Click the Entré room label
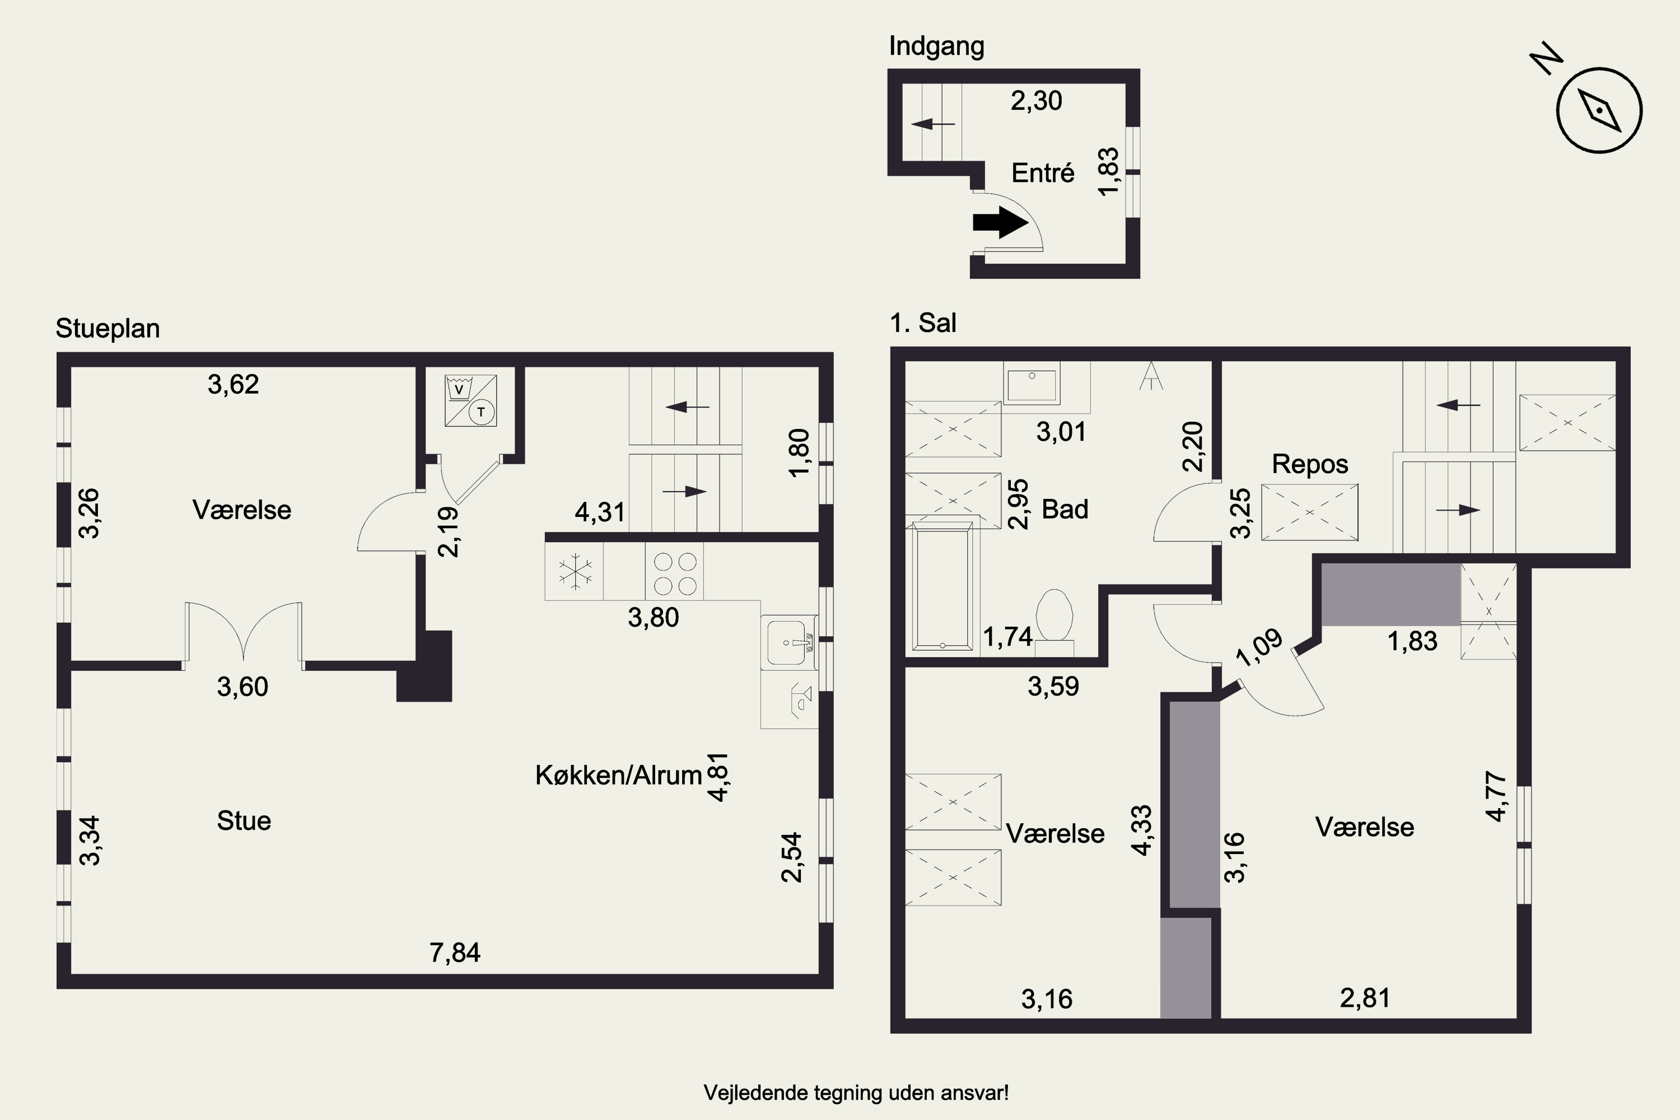pyautogui.click(x=1043, y=173)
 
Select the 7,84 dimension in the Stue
pyautogui.click(x=455, y=952)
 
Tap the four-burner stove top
pyautogui.click(x=675, y=573)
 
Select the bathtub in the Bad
pyautogui.click(x=943, y=586)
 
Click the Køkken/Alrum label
pyautogui.click(x=619, y=775)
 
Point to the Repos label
pyautogui.click(x=1310, y=464)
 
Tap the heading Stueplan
pyautogui.click(x=108, y=329)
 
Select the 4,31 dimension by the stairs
pyautogui.click(x=600, y=512)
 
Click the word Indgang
pyautogui.click(x=936, y=46)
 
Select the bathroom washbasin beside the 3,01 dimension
pyautogui.click(x=1032, y=383)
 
